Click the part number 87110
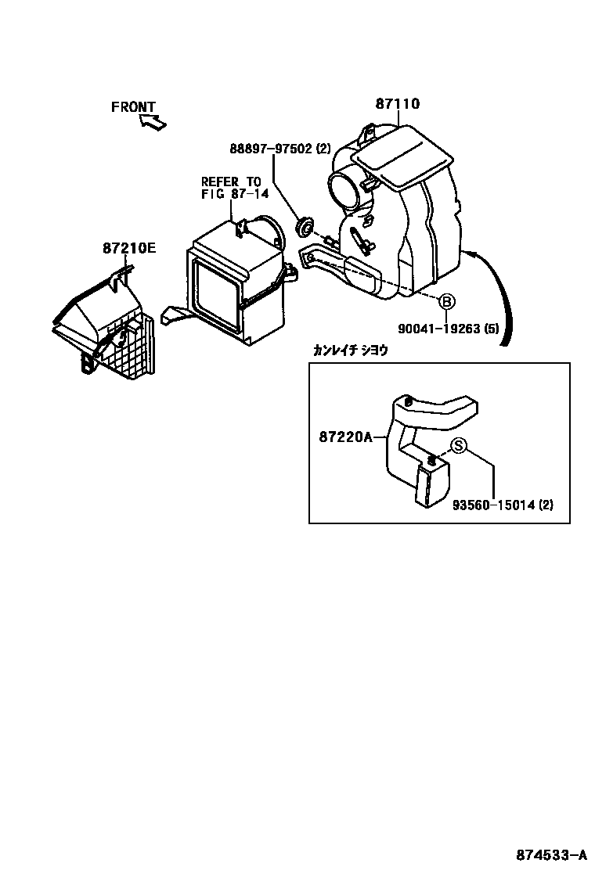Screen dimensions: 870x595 398,103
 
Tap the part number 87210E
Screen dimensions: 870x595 128,249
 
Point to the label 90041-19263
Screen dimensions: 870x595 435,329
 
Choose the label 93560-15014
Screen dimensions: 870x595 493,505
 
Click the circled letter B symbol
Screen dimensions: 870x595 445,301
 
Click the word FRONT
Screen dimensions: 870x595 133,107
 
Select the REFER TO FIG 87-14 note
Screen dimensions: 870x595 231,188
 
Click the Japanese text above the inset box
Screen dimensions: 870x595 350,351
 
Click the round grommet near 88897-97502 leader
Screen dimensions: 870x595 302,227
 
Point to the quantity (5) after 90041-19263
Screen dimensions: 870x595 492,329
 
